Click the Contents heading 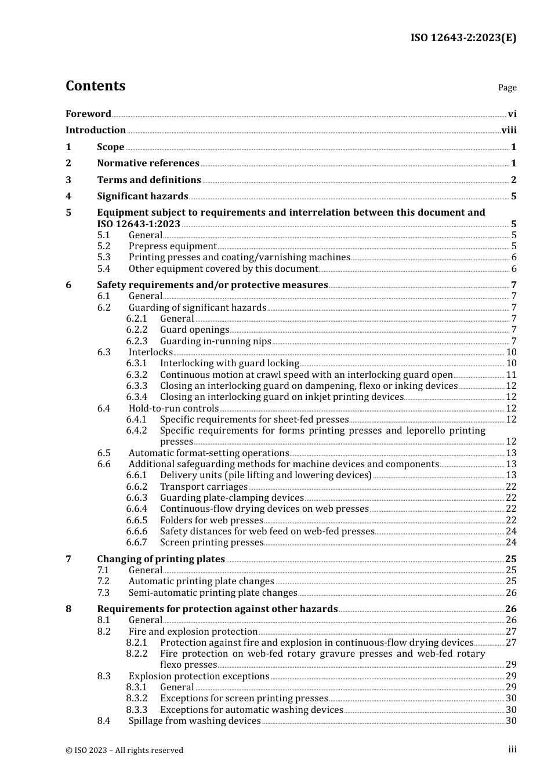click(95, 86)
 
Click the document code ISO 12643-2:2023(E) click(463, 38)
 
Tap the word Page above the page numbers click(507, 88)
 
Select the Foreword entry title click(88, 114)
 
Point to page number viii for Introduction click(509, 130)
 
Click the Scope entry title click(110, 147)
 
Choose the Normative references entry click(148, 163)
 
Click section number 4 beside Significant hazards click(68, 196)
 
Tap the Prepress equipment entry click(172, 246)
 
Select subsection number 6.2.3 click(137, 341)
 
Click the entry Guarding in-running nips click(215, 341)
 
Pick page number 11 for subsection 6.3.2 click(511, 375)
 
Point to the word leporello click(427, 431)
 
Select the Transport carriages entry click(204, 487)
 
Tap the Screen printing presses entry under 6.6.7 click(212, 543)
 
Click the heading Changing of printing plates click(161, 559)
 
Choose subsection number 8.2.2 click(137, 654)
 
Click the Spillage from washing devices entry click(194, 721)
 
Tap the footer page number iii click(512, 749)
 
